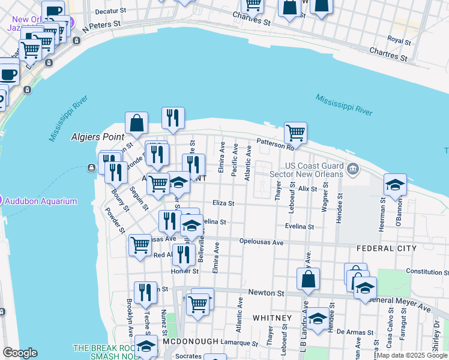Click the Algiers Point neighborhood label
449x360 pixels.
(95, 137)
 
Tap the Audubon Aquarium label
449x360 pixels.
(41, 201)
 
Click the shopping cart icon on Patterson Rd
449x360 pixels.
(295, 132)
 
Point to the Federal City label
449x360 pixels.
(386, 248)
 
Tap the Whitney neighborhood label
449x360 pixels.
(272, 317)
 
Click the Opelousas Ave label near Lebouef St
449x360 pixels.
(261, 243)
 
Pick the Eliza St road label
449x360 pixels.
(223, 203)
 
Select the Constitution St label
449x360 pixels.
(427, 272)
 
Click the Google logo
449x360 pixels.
(19, 353)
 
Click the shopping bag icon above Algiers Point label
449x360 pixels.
(137, 122)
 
